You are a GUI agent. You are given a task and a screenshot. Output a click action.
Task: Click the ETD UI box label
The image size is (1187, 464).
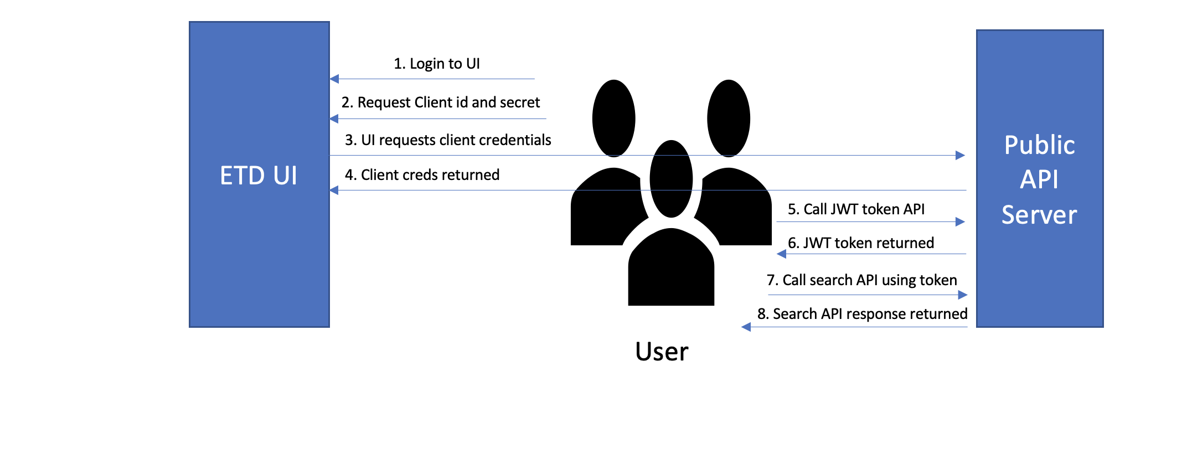[x=259, y=176]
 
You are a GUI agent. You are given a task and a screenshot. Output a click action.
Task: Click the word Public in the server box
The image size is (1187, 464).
[x=1039, y=145]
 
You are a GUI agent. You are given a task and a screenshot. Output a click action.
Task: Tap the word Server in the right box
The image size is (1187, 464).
[x=1039, y=215]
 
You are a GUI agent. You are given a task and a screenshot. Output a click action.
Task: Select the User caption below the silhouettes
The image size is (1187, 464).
[x=662, y=352]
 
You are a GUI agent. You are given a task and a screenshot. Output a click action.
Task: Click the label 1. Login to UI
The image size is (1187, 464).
[x=436, y=64]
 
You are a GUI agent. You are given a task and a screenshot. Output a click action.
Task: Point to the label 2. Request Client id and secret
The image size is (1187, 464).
[x=440, y=102]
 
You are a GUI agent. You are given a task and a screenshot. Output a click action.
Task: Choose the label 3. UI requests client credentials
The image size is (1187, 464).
[x=448, y=140]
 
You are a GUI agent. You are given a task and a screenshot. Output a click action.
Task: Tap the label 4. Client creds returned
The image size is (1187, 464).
[x=422, y=175]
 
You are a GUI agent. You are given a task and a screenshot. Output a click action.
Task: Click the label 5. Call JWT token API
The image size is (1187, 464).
[x=856, y=209]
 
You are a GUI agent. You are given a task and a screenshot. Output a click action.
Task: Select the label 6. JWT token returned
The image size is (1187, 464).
[x=860, y=243]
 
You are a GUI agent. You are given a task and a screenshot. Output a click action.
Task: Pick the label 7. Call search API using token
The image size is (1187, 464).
[x=861, y=280]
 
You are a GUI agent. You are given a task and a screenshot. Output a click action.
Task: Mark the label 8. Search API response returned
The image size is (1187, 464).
[x=862, y=314]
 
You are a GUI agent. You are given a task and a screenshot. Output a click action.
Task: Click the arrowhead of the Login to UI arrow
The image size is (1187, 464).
[x=334, y=79]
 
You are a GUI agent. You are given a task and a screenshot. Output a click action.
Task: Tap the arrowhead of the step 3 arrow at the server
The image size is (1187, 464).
[x=961, y=156]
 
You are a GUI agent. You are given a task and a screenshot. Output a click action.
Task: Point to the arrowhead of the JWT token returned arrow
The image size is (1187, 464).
[x=781, y=254]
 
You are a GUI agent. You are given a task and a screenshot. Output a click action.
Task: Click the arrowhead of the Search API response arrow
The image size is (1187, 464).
[x=746, y=327]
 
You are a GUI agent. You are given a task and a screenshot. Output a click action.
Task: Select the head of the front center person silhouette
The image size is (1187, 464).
[x=671, y=178]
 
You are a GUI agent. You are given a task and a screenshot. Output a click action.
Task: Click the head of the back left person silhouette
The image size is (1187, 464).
[x=613, y=118]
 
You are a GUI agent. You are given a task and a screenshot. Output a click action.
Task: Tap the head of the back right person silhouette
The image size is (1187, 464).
[x=729, y=118]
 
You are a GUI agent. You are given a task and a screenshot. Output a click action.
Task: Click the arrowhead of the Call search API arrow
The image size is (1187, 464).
[x=963, y=295]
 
